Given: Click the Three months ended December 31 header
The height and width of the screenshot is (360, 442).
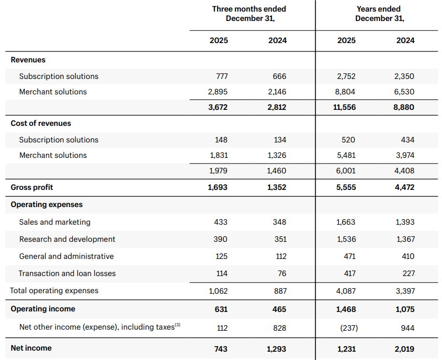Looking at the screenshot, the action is [x=249, y=13].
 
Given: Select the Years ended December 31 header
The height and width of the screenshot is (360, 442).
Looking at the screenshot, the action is [x=379, y=13].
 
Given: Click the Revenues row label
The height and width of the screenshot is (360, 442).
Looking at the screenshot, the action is [x=28, y=60].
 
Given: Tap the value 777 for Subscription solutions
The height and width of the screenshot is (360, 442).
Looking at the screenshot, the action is [x=222, y=76].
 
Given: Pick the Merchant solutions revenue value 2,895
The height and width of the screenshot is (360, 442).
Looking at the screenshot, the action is [x=218, y=92].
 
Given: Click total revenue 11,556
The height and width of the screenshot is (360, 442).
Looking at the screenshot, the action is [x=344, y=107].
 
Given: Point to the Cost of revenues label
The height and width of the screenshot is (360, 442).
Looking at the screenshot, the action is [x=41, y=123].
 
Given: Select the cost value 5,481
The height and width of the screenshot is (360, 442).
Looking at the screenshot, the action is [x=346, y=155].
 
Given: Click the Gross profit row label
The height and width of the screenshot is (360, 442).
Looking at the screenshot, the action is [x=32, y=187].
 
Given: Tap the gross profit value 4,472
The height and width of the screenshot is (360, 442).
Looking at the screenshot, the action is [x=404, y=187].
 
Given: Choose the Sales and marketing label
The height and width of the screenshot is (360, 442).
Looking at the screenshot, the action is [x=55, y=222].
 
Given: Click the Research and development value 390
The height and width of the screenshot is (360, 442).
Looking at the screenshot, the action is [x=220, y=239].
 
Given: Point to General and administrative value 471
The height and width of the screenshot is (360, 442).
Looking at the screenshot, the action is [x=350, y=256].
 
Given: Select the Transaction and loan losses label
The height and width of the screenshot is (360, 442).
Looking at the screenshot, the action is [x=67, y=273].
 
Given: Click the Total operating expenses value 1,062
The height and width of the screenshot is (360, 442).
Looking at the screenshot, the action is [x=218, y=291].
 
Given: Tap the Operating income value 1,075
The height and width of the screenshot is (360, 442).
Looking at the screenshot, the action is [x=405, y=309].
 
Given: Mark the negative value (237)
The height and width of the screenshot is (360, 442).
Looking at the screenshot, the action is [x=349, y=328].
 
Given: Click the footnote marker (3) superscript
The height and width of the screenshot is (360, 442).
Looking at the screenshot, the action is [x=177, y=325].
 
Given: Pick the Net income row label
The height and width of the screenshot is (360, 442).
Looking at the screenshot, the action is [x=31, y=348].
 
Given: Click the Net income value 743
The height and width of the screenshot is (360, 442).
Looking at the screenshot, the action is [x=220, y=349].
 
